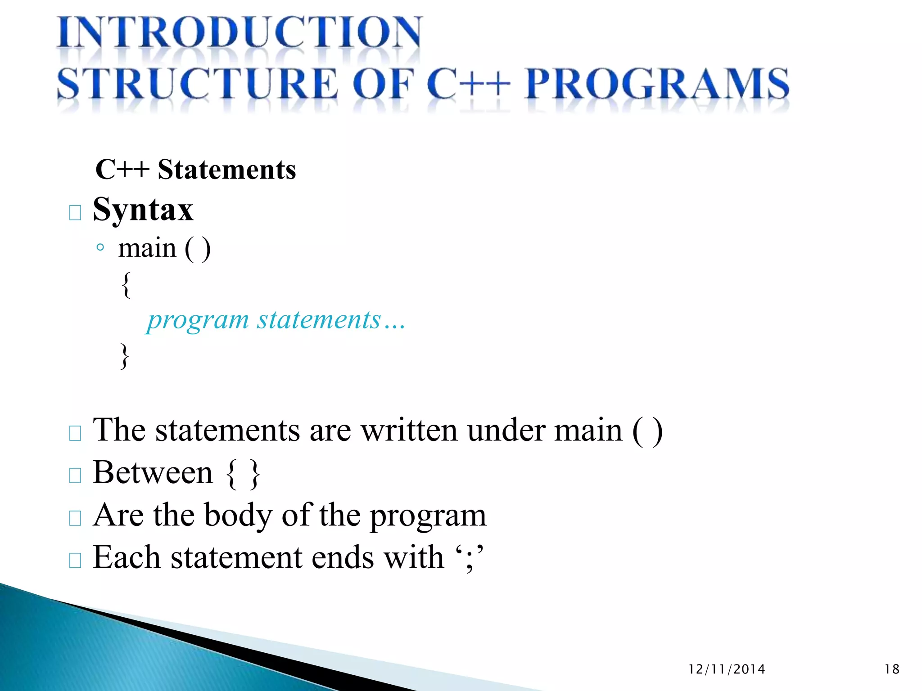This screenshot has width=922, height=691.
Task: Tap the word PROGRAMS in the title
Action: (x=657, y=84)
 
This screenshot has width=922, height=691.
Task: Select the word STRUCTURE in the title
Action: (x=197, y=84)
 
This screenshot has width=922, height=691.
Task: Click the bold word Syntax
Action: (x=143, y=210)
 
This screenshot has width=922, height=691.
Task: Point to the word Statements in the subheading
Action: (x=227, y=170)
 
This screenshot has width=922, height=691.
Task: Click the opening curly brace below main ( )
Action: (x=127, y=284)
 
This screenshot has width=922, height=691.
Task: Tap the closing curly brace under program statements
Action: (x=125, y=356)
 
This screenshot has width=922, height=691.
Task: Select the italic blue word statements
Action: (x=319, y=320)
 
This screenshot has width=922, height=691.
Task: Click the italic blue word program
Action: (x=198, y=321)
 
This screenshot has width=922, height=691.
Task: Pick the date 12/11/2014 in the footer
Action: (x=727, y=669)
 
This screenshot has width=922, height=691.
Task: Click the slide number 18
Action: (x=892, y=669)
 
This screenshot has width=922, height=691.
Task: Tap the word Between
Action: (x=153, y=473)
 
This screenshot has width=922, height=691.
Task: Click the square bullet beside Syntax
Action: (x=75, y=212)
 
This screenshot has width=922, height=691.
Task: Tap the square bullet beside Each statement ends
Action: (x=75, y=561)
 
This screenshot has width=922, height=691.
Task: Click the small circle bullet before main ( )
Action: (x=100, y=247)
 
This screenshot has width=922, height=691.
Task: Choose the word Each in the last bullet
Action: (x=127, y=558)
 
